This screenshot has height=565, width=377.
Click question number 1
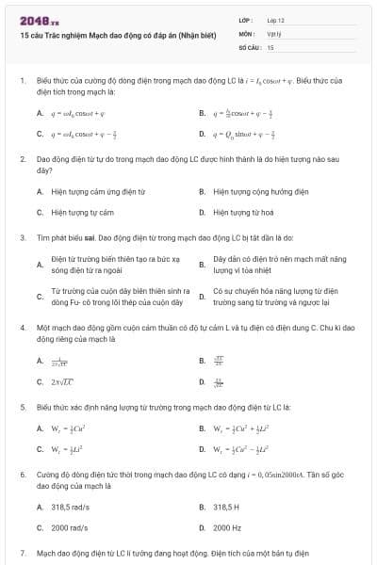21,81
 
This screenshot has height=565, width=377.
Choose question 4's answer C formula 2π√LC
63,381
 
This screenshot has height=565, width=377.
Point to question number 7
21,552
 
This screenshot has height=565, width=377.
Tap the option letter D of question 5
202,447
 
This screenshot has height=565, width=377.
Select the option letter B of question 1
202,113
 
